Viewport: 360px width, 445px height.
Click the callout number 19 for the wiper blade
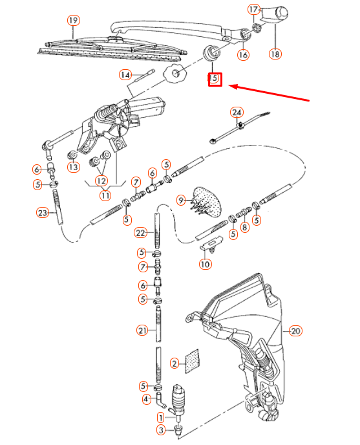(73, 21)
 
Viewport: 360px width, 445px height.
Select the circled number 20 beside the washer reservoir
(295, 331)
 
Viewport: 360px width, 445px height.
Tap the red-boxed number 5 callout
(215, 80)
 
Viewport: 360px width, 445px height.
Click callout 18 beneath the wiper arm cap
(276, 55)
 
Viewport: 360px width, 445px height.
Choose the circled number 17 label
(255, 10)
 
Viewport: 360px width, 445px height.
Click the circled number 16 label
(243, 55)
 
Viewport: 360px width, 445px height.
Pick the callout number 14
(125, 75)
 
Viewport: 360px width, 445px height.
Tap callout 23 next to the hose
(43, 212)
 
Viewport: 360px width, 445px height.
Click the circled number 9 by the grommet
(181, 201)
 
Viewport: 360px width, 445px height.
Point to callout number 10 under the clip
(205, 264)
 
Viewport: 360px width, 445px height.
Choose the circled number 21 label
(142, 331)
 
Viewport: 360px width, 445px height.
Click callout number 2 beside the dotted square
(174, 364)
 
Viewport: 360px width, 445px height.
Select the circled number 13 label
(73, 168)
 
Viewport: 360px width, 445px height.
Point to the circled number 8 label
(244, 227)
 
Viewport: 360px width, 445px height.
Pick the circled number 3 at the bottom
(161, 430)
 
